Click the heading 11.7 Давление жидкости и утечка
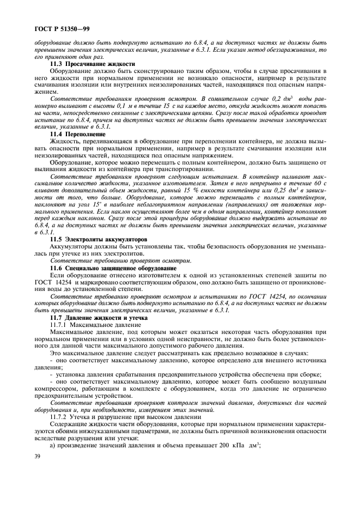tap(93, 317)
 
